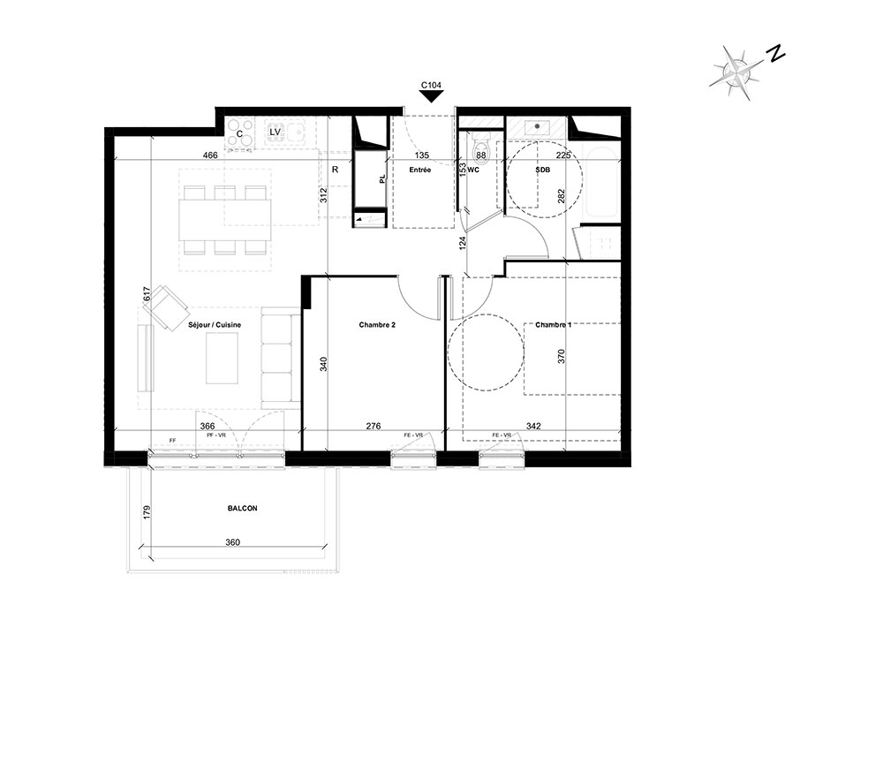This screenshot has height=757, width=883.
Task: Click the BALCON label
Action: [x=242, y=508]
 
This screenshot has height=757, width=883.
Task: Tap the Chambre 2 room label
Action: [x=377, y=325]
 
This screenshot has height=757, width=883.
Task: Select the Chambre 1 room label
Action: [x=553, y=325]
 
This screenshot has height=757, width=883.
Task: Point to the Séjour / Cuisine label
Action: [x=215, y=325]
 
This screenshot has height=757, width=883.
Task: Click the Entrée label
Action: [x=420, y=170]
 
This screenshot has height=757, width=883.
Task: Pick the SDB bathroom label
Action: [x=543, y=170]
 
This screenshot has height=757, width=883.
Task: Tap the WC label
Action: [x=473, y=170]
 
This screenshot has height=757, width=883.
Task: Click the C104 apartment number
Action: [x=432, y=86]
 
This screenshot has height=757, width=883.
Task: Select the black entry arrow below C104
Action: [x=432, y=96]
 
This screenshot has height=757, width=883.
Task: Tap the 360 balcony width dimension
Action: [x=232, y=542]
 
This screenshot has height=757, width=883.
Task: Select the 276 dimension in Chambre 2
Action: [x=374, y=427]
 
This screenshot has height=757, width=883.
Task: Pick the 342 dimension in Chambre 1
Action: [x=532, y=427]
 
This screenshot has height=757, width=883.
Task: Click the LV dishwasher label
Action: [x=275, y=132]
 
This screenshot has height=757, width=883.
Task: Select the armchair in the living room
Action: [x=166, y=307]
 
